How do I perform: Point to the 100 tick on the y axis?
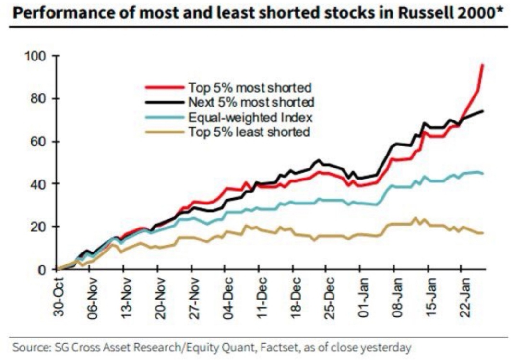coord(36,57)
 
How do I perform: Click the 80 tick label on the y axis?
coord(38,99)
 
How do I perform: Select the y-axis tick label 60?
coord(38,142)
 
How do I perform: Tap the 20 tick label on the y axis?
coord(38,227)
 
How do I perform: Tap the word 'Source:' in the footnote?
coord(29,346)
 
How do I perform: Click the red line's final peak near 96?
coord(482,65)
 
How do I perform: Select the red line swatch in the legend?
coord(164,87)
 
